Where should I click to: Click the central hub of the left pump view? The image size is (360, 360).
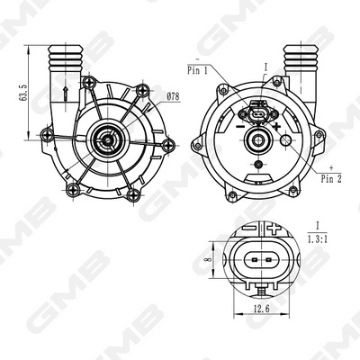[x=107, y=138]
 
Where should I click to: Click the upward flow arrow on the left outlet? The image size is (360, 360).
[x=66, y=93]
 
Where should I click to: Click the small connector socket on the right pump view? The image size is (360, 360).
[x=256, y=117]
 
